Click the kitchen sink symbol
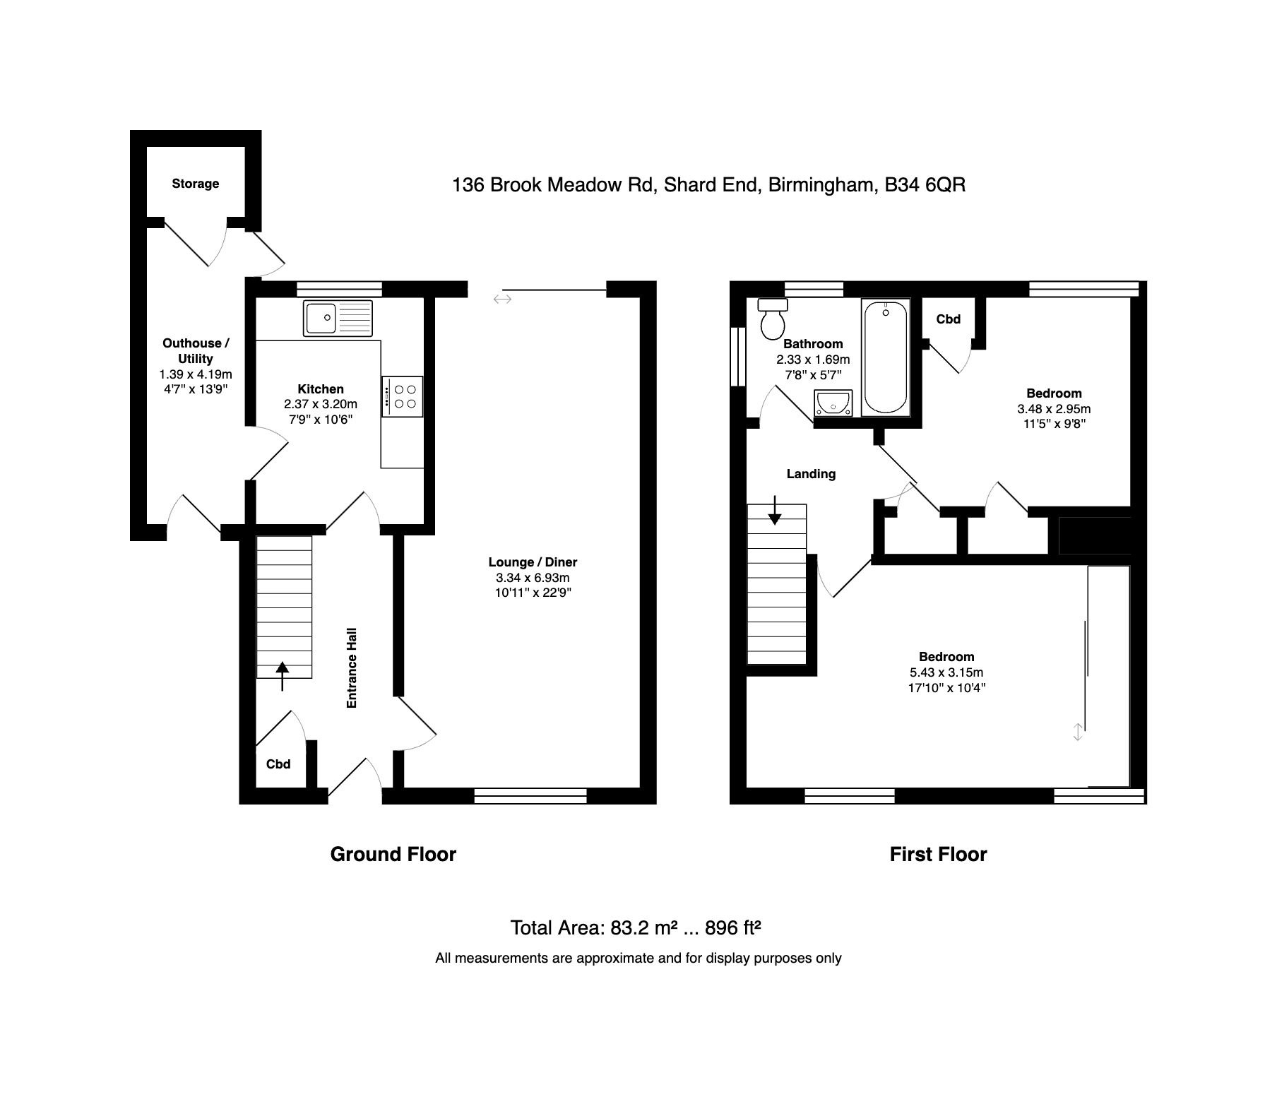338,318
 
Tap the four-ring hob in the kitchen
403,396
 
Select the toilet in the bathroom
771,321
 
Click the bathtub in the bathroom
885,357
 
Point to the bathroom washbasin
833,403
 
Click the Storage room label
196,184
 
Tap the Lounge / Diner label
533,562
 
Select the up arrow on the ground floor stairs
282,675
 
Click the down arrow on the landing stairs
775,510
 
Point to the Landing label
811,474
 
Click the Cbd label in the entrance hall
278,764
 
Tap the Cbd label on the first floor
948,319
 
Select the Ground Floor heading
393,855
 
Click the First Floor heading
938,855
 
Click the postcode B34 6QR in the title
925,185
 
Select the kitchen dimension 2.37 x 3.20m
321,404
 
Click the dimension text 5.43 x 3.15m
946,672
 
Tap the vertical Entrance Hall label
352,667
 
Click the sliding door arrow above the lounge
502,299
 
